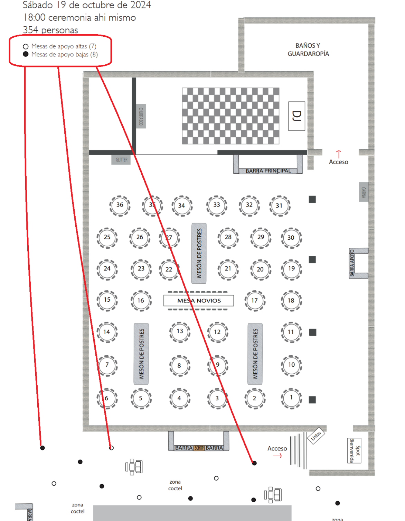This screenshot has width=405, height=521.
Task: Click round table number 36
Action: point(120,205)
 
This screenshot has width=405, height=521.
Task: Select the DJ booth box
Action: point(296,116)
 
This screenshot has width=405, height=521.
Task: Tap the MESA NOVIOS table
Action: point(199,301)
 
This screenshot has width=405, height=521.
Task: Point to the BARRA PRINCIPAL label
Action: point(268,171)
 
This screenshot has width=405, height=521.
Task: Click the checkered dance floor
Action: point(230,116)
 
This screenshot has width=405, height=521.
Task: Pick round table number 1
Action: point(291,398)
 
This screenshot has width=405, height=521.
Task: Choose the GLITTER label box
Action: point(121,160)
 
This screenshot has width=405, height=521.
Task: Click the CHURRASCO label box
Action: point(141,116)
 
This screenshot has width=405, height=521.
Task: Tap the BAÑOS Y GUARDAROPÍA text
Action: point(308,50)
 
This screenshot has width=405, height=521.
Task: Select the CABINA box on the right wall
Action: point(364,192)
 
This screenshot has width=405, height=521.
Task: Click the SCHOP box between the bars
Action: point(199,448)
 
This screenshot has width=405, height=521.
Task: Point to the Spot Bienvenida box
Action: point(354,450)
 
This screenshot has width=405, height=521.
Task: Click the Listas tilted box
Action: point(316,436)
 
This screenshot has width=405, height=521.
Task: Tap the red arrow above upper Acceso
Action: point(338,154)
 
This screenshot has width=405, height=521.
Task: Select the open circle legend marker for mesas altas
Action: point(26,46)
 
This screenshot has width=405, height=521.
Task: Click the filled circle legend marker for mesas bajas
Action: point(26,54)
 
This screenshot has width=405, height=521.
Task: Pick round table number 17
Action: point(255,301)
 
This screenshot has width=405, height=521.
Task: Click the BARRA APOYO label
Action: point(352,263)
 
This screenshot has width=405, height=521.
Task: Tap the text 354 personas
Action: point(50,30)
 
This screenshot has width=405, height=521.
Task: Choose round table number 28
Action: point(228,237)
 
